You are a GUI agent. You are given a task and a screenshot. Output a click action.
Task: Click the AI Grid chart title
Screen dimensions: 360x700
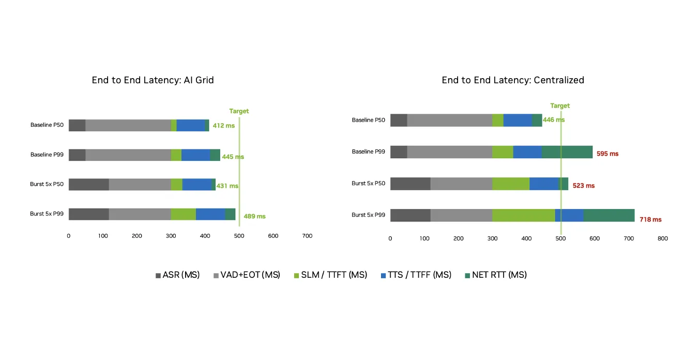click(x=153, y=80)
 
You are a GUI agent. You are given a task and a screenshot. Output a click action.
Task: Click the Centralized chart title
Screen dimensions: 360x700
click(x=513, y=80)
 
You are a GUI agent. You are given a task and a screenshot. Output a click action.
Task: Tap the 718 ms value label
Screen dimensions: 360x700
click(x=650, y=219)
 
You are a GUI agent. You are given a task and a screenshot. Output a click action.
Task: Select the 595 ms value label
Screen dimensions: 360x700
click(x=607, y=154)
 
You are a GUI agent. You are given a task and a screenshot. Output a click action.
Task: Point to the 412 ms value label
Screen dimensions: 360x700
click(x=223, y=126)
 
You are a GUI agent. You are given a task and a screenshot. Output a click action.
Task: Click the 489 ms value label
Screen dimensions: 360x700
click(x=254, y=216)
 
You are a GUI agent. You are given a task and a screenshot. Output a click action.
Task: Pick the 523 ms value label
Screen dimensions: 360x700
click(x=584, y=186)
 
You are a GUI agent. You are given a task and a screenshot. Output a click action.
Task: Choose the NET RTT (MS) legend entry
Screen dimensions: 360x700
click(x=495, y=275)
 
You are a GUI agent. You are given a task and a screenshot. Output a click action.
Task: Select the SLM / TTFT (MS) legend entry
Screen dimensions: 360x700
click(x=330, y=275)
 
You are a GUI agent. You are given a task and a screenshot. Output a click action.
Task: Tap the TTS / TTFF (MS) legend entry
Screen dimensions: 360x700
click(x=416, y=275)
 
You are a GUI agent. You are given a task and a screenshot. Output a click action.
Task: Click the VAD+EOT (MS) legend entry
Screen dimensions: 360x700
click(x=247, y=275)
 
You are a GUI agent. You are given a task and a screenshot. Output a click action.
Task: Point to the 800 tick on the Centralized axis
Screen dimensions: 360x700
click(x=662, y=239)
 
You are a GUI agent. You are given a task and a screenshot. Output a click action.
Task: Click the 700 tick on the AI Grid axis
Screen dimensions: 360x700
click(x=307, y=236)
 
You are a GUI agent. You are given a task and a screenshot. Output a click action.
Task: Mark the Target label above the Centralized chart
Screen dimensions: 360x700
click(x=560, y=106)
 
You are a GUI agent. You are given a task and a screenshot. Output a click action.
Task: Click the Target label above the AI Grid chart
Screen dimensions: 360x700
click(x=239, y=111)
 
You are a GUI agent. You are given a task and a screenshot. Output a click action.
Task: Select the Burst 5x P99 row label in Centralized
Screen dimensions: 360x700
click(x=369, y=215)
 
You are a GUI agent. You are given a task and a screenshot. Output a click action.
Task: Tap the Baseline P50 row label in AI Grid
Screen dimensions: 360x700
click(x=47, y=125)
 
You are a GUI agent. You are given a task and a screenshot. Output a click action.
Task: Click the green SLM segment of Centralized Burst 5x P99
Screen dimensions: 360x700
click(x=523, y=215)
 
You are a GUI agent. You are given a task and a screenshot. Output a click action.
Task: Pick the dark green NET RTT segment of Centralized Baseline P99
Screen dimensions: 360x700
click(x=567, y=152)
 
